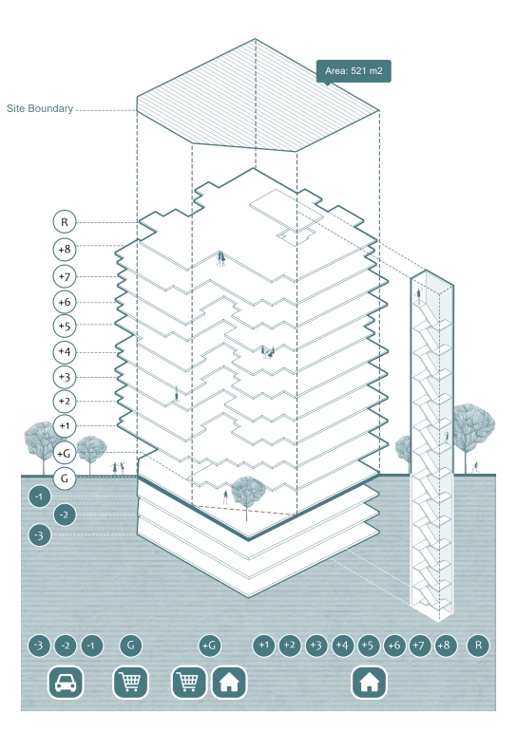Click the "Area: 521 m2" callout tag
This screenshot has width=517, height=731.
(x=354, y=71)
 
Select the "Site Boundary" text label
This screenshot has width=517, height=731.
(x=40, y=108)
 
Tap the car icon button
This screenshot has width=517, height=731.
(x=66, y=683)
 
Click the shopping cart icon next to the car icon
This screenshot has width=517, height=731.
(x=130, y=683)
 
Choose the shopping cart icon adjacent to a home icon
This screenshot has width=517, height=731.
(x=189, y=683)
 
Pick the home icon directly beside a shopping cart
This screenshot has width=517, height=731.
(x=229, y=683)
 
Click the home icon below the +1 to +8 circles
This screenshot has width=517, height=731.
(x=369, y=683)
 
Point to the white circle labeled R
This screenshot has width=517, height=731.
(x=65, y=222)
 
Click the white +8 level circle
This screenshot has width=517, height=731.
(x=65, y=249)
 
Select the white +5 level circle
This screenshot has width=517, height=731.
(x=65, y=326)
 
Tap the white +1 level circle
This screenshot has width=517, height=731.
(x=65, y=425)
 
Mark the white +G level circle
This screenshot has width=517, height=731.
(x=65, y=453)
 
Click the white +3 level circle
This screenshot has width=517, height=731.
(x=65, y=377)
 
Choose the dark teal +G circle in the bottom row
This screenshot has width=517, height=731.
(x=209, y=646)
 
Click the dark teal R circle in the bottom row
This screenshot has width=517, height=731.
(x=478, y=646)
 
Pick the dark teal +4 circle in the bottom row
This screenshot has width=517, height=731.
(x=342, y=646)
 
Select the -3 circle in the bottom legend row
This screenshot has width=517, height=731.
(x=39, y=646)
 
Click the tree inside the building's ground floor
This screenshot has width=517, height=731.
(x=247, y=495)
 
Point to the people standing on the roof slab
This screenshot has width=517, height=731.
(x=221, y=258)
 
